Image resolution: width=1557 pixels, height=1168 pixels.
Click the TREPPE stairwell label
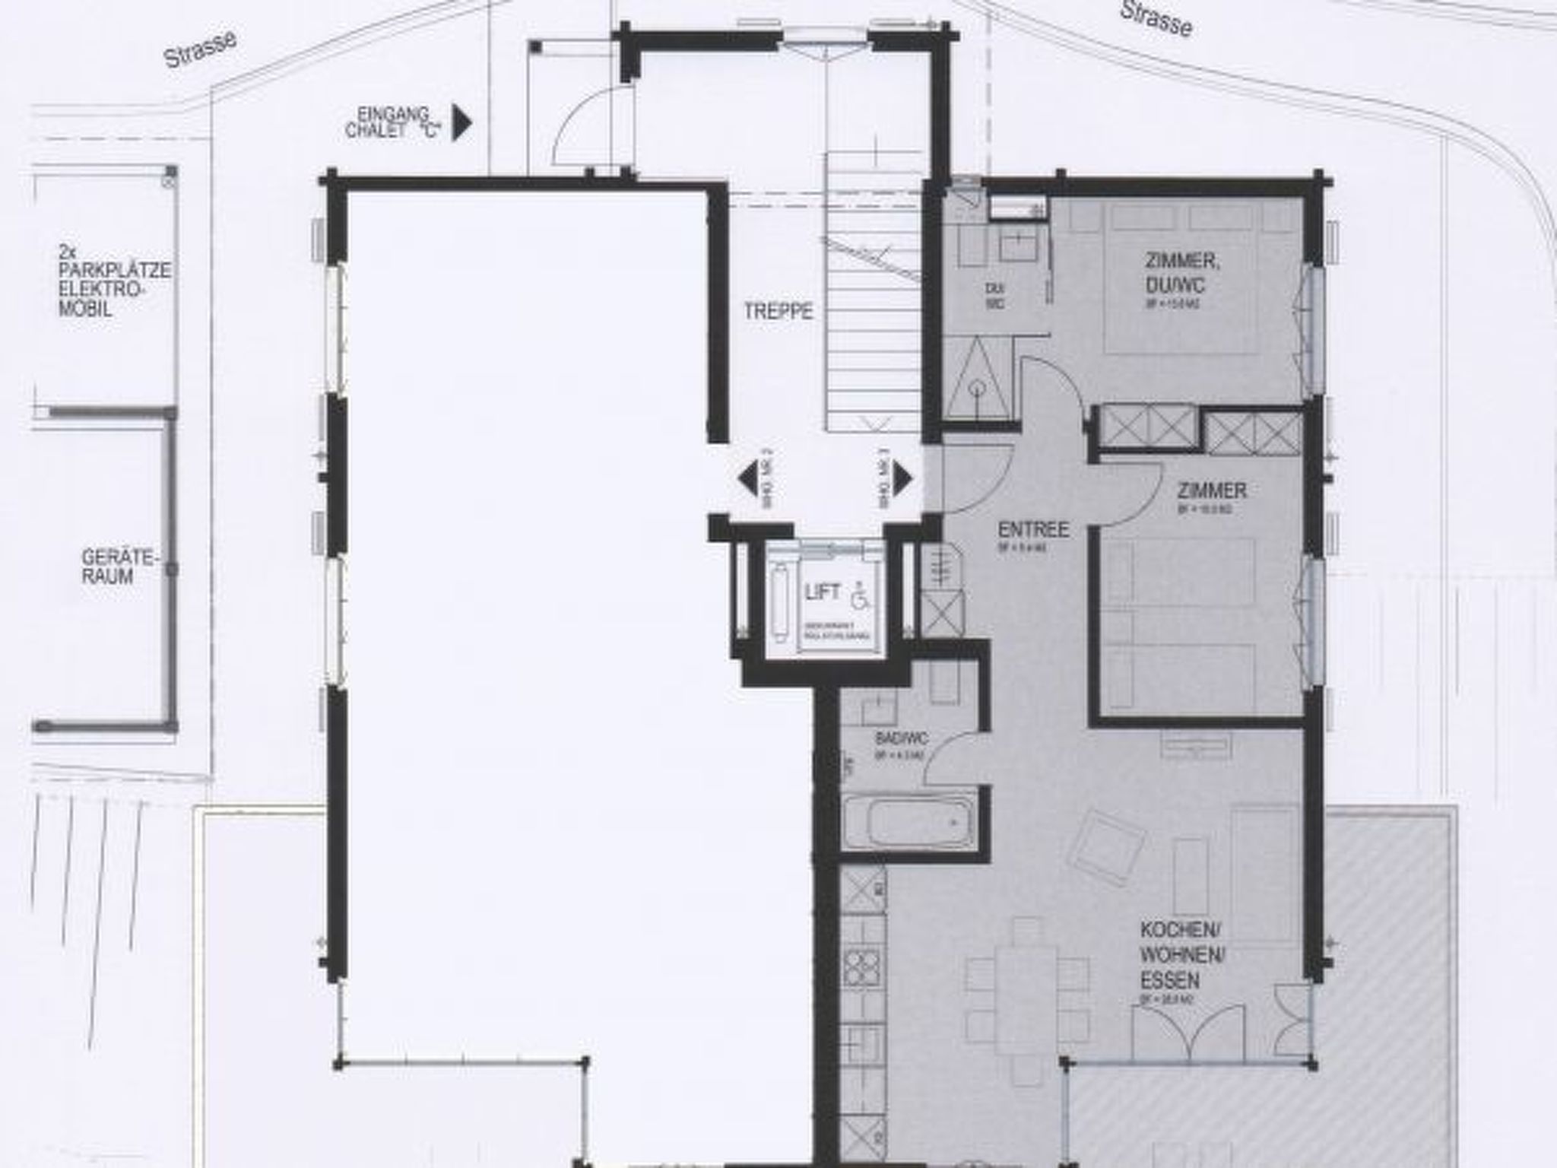(778, 311)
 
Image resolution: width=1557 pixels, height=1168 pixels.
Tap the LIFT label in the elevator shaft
(823, 592)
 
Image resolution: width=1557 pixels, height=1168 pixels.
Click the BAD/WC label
(902, 738)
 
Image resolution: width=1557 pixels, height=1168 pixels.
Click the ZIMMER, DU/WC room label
(1182, 272)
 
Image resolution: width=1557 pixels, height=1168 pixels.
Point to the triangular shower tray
(978, 380)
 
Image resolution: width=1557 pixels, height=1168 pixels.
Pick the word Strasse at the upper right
(1156, 19)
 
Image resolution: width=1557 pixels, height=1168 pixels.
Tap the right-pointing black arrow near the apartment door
(902, 479)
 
